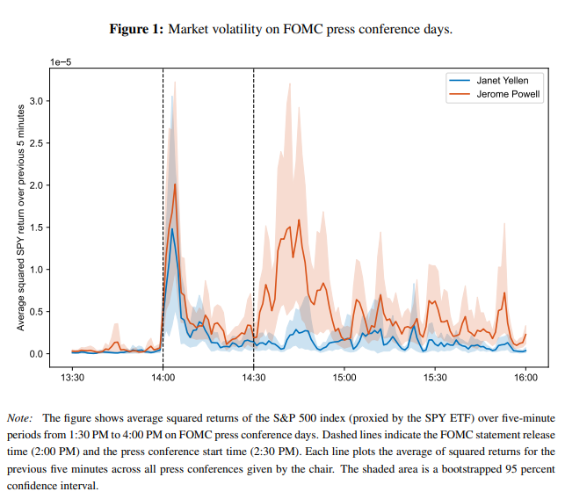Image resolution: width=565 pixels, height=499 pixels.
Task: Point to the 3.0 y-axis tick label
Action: (36, 101)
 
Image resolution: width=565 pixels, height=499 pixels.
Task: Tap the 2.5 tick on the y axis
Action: (36, 143)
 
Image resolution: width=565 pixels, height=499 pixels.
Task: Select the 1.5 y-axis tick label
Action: (36, 228)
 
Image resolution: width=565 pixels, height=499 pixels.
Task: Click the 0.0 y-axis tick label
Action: (36, 354)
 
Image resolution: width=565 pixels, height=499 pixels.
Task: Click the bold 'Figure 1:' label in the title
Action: (136, 30)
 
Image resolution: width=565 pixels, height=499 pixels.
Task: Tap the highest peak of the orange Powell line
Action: (175, 184)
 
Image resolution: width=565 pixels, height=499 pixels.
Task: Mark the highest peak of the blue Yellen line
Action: (172, 229)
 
